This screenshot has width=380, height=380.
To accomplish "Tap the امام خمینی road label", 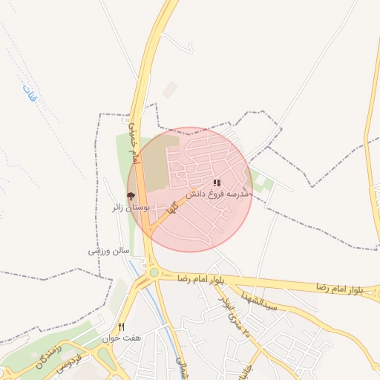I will (133, 141).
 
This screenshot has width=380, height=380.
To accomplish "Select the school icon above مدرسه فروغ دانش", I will (217, 183).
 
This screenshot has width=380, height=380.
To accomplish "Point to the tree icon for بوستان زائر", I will (131, 197).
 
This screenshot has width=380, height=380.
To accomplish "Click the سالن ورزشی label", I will (105, 251).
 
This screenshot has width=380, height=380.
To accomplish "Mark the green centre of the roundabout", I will (154, 272).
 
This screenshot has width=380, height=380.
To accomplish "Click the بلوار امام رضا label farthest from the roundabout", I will (338, 287).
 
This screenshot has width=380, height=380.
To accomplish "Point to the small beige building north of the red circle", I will (171, 90).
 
